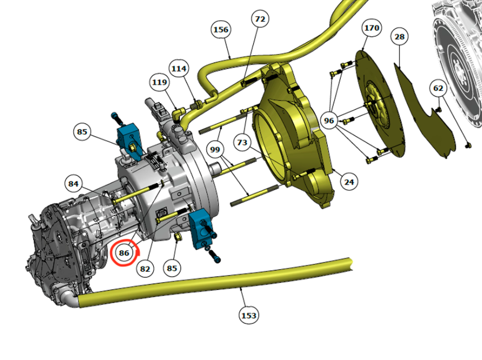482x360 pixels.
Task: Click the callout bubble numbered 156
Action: [221, 29]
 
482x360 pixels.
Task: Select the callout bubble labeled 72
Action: [260, 19]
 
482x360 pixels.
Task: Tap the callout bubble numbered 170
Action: [371, 28]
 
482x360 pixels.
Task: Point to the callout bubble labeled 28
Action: [399, 37]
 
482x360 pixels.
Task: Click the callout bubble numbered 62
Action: [438, 88]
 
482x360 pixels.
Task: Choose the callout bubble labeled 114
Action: [179, 68]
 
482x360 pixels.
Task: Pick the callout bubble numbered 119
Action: [159, 82]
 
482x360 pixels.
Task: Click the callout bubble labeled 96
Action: [329, 120]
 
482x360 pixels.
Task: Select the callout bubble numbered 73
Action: [242, 142]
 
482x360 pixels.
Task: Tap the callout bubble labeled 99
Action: [215, 149]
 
